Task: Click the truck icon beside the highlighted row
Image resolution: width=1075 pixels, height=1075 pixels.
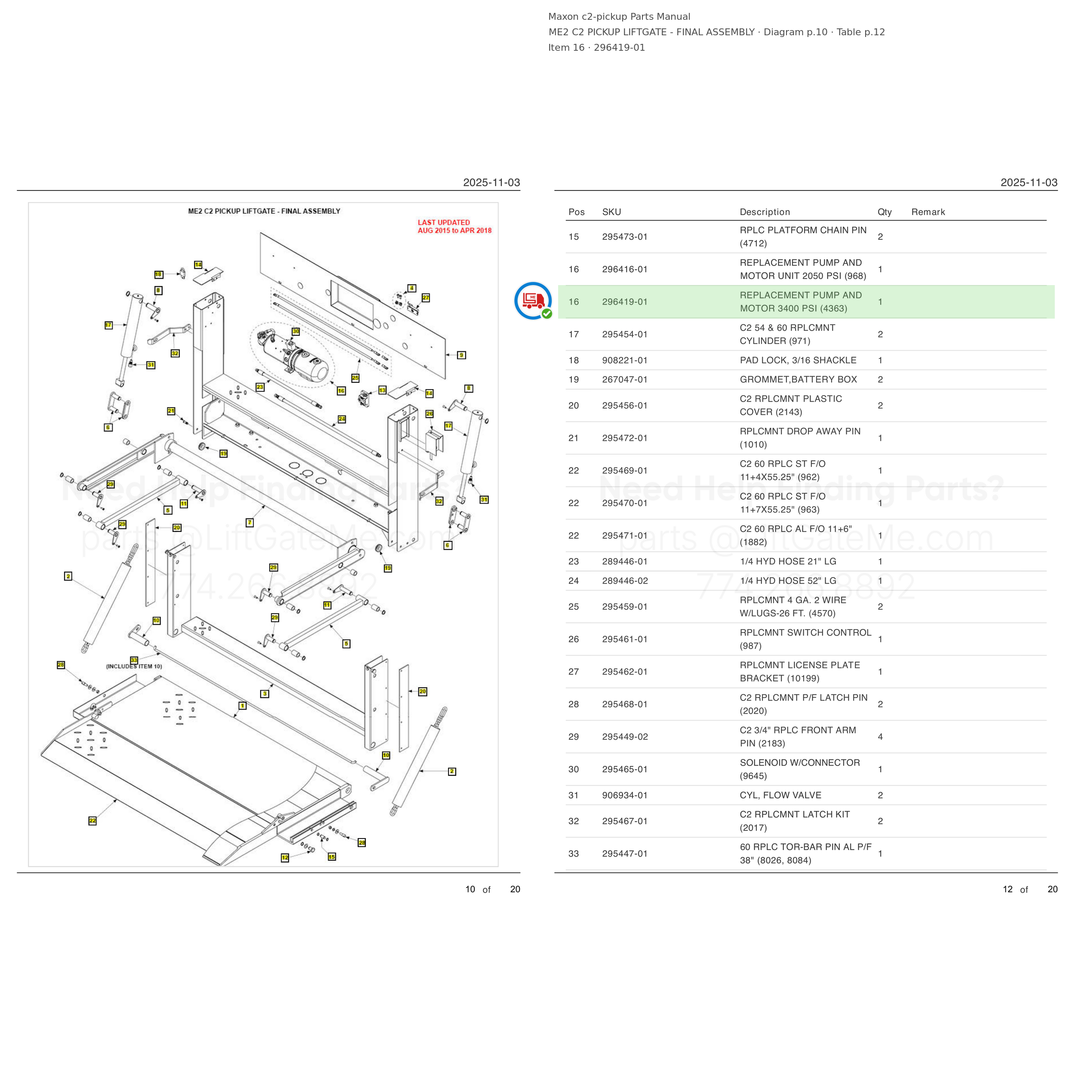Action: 532,301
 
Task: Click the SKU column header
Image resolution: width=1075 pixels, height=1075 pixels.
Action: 611,212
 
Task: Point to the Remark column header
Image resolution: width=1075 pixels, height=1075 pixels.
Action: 928,212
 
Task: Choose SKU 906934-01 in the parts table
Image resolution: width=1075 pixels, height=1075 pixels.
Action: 624,795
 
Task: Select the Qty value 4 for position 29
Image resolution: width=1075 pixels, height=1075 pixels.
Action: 880,737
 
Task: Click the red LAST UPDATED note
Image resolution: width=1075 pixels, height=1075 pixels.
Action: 454,227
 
